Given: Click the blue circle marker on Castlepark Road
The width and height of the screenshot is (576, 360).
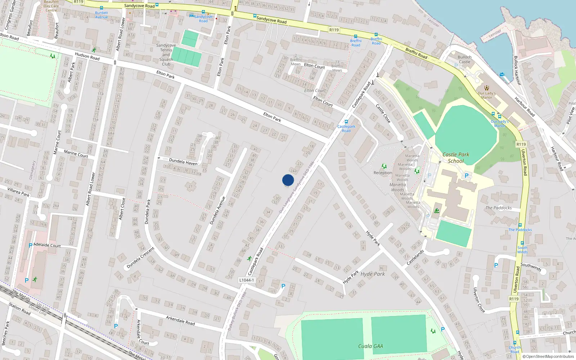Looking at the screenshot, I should pos(288,180).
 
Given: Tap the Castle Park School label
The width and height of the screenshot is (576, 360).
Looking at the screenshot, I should pos(456,158).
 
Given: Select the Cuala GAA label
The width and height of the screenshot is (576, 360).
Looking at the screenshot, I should pos(370,346).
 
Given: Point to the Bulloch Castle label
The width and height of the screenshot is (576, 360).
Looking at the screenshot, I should pos(464,59).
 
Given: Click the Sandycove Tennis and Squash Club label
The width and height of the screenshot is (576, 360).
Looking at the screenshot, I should pos(166,55).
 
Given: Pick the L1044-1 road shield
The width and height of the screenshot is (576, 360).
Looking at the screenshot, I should pos(247,280).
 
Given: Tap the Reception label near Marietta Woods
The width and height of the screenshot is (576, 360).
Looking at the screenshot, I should pos(383,173).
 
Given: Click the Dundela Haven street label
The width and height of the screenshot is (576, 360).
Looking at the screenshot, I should pos(183,162).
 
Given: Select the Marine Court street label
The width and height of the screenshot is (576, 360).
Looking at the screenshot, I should pos(76,154).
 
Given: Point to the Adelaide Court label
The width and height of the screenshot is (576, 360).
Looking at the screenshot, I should pos(47,245).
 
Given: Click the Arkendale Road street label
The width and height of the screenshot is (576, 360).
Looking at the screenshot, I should pos(180,320).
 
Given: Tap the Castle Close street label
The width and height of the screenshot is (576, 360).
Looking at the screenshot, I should pos(383,113).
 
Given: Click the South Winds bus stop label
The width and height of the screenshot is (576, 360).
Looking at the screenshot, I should pos(522,250).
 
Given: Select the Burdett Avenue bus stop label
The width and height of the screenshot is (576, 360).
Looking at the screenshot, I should pos(102,15).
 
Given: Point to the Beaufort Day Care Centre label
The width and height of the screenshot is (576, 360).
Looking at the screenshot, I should pos(51,6).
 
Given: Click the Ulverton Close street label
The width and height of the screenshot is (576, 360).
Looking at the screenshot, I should pos(479,300).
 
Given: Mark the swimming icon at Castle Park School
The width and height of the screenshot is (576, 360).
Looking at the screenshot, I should pos(437,211).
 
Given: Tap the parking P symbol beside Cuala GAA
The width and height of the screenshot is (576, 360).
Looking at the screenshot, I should pos(443,329).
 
